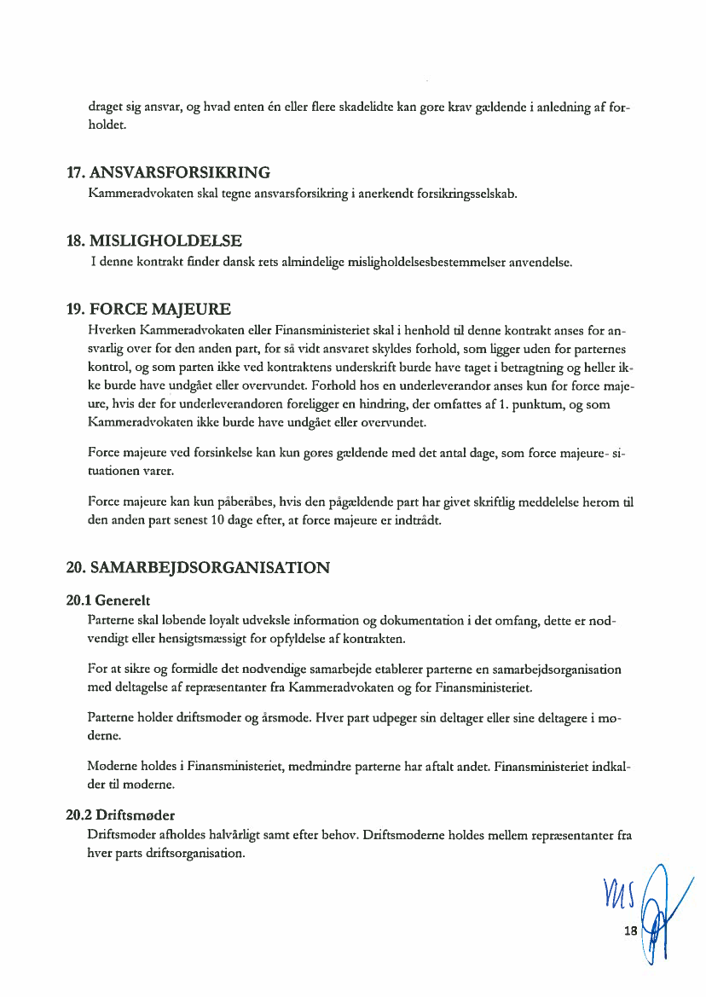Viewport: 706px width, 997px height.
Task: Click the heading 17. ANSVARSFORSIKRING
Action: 168,173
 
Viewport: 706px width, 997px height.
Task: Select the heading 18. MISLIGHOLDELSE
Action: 153,241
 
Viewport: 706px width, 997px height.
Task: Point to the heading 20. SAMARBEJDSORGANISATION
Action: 198,567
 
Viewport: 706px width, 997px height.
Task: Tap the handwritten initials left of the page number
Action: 617,896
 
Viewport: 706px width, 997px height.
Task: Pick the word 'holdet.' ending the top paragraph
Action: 107,125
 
